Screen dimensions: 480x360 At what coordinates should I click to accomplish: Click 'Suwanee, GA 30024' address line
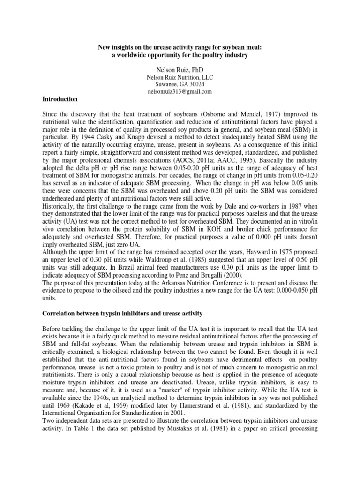pos(180,84)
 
